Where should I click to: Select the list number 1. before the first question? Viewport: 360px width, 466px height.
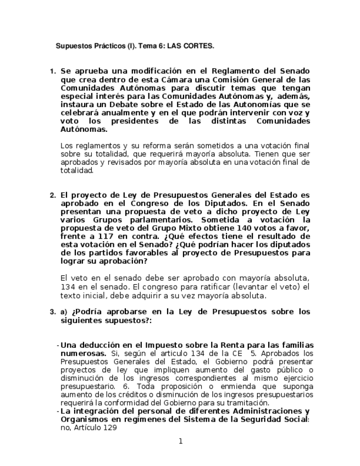(53, 71)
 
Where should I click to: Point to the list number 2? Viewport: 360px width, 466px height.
(53, 195)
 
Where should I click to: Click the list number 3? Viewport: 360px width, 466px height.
(53, 312)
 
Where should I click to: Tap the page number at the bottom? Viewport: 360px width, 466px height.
(180, 441)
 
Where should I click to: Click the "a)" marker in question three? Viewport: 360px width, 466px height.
(64, 312)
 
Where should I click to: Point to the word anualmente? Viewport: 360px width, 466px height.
(115, 112)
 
